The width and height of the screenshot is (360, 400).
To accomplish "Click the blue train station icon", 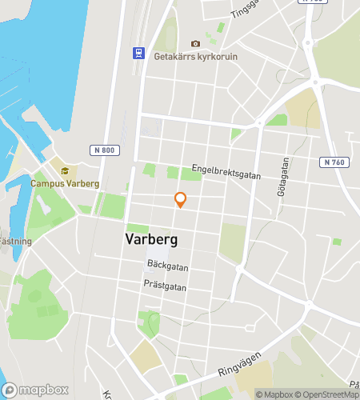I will point(138,53).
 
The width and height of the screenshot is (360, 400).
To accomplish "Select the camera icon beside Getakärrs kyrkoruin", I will point(195,43).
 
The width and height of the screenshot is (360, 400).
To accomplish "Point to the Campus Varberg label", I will point(65,183).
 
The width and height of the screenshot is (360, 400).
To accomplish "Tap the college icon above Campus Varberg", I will point(65,170).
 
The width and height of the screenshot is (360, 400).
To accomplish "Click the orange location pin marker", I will point(181,200).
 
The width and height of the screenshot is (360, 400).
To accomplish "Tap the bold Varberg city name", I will point(151,239).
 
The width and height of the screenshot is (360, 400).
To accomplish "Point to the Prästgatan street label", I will point(166,285).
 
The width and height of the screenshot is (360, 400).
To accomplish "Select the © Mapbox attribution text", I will point(275,394).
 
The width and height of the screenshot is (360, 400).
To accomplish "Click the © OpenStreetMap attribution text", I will point(328,394).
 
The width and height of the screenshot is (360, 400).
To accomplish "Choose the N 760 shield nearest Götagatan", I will point(337,162).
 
